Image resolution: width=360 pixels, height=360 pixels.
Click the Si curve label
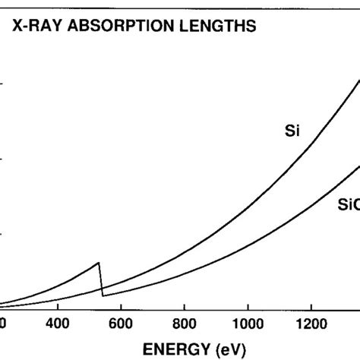point(292,131)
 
